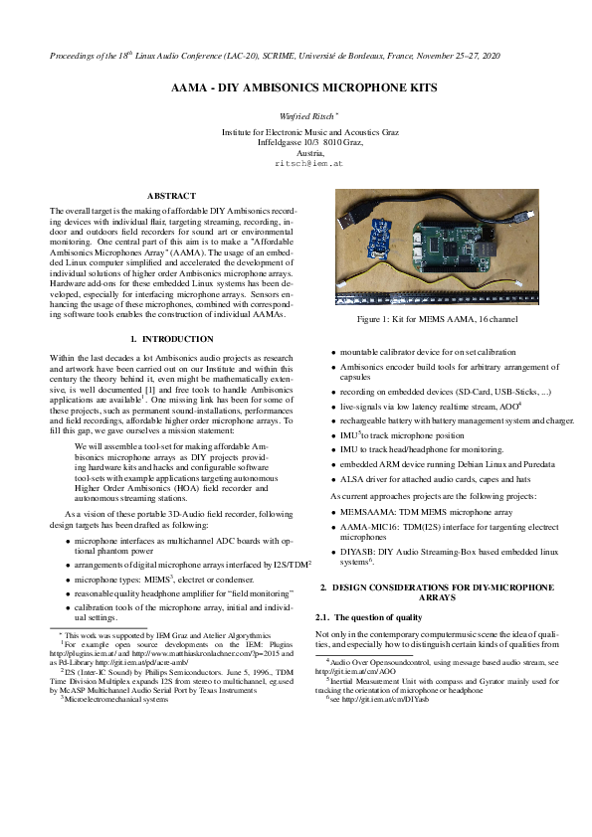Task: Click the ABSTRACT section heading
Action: click(x=171, y=195)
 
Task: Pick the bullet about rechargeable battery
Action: click(x=455, y=421)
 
